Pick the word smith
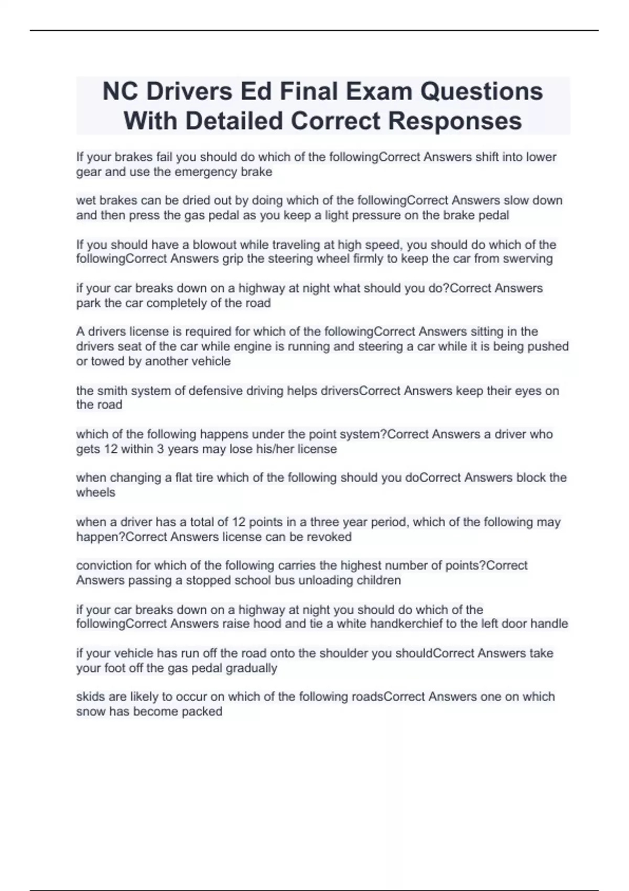pos(113,390)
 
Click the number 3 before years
pos(160,449)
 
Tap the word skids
pos(91,697)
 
